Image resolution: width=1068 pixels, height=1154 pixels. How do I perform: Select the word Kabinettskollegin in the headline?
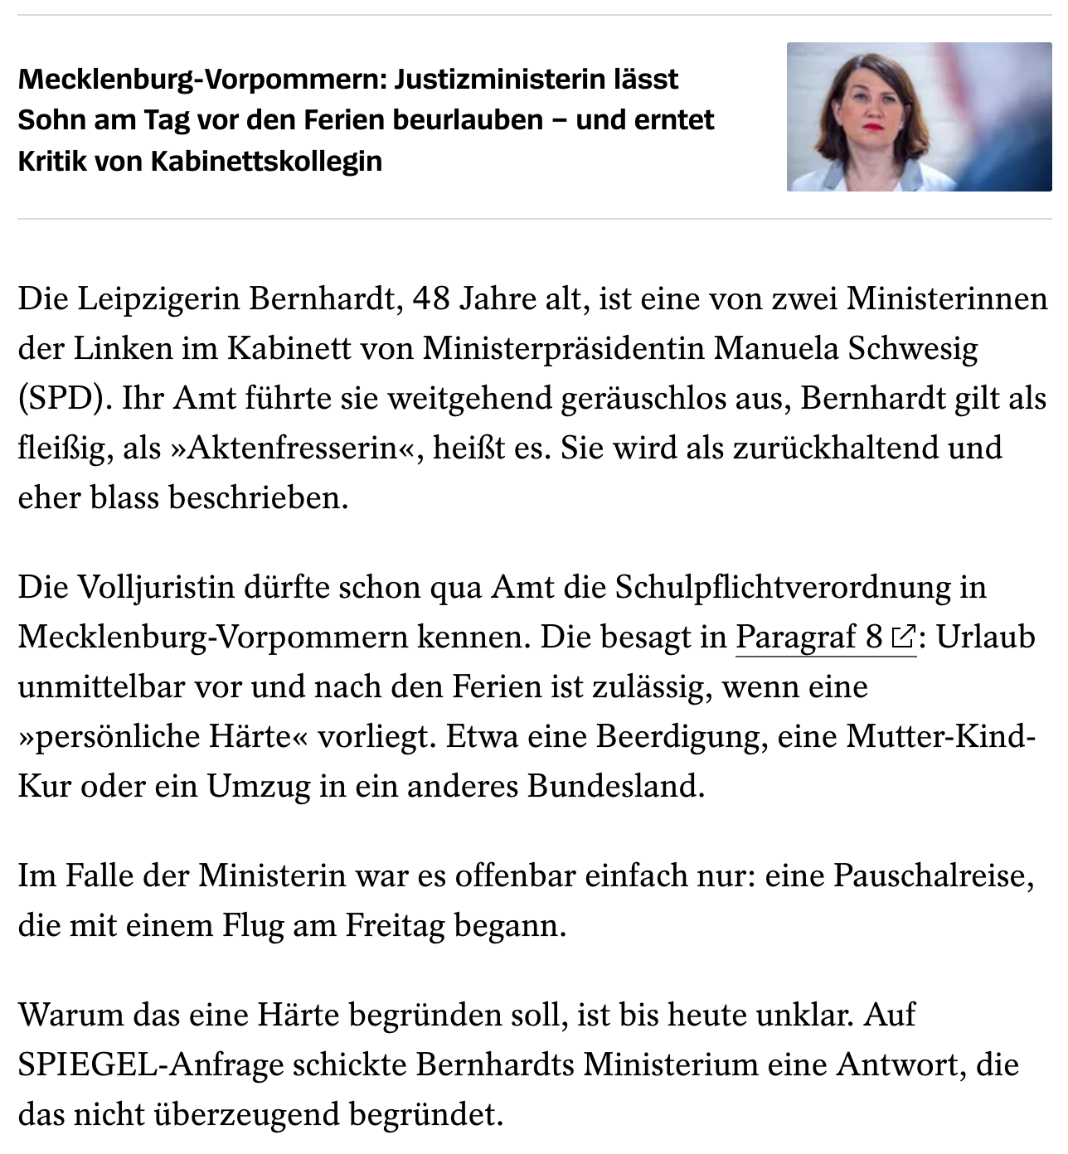point(266,161)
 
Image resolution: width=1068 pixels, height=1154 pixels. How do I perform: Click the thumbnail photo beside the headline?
point(919,117)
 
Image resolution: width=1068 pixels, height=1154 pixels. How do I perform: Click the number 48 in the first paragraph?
point(430,298)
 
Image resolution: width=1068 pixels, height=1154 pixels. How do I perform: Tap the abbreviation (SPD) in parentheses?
point(66,398)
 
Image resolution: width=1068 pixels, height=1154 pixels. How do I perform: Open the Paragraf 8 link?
point(809,637)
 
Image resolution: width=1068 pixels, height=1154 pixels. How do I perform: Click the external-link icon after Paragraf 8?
point(902,638)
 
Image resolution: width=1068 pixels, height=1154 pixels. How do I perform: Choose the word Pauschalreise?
point(933,875)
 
